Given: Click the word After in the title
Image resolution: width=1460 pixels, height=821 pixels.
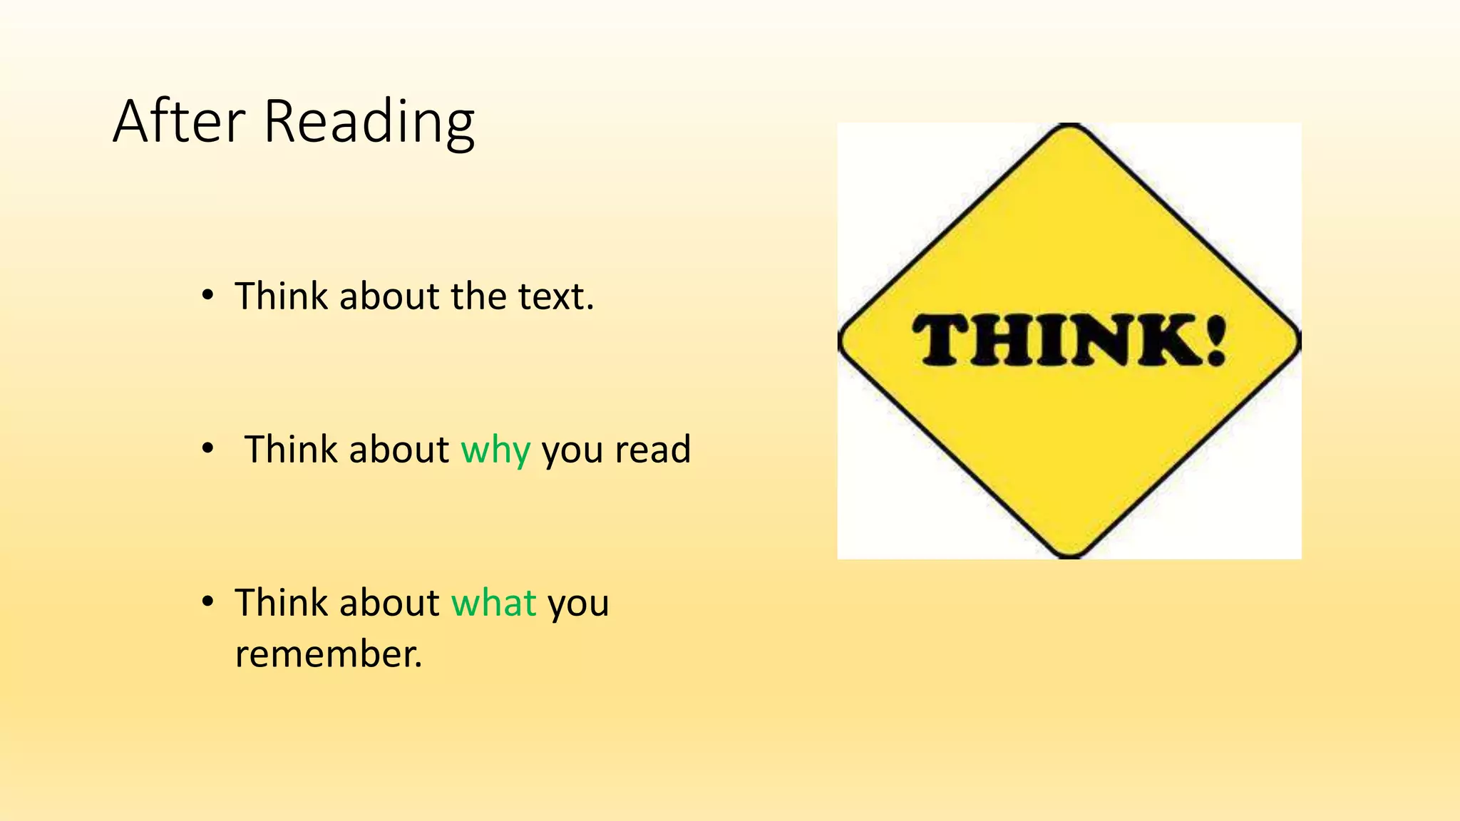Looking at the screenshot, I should click(179, 122).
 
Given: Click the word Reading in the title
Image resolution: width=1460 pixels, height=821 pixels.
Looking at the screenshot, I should click(369, 123).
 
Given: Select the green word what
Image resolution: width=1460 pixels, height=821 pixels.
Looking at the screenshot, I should click(493, 603).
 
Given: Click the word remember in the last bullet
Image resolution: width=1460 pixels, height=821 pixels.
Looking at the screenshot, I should click(328, 654).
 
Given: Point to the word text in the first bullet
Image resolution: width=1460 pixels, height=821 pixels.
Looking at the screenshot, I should click(555, 296).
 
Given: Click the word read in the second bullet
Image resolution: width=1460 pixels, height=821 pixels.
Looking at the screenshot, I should click(652, 450).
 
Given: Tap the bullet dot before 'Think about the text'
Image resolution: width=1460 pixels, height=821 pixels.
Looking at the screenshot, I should click(207, 295).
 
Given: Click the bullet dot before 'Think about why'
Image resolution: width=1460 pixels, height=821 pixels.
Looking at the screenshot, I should click(207, 448).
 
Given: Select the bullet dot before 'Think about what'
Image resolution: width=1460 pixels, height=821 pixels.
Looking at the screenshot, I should click(207, 601).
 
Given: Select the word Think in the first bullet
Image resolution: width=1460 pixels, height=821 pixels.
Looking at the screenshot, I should click(282, 296).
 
